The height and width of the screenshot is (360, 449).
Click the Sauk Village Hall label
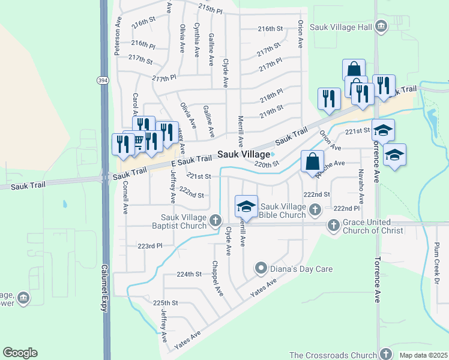coord(340,27)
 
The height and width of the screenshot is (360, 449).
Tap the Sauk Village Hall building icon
coord(380,27)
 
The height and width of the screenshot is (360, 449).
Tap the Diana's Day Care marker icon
coord(261,268)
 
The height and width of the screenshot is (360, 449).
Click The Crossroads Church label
coord(331,355)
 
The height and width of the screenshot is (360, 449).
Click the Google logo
coord(20,353)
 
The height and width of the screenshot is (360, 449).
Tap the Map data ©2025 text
coord(423,355)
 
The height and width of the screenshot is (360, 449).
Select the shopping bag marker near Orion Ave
coord(313,160)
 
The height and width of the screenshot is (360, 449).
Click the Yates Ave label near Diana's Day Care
coord(264,289)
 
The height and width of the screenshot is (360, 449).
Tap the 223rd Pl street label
coord(150,246)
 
